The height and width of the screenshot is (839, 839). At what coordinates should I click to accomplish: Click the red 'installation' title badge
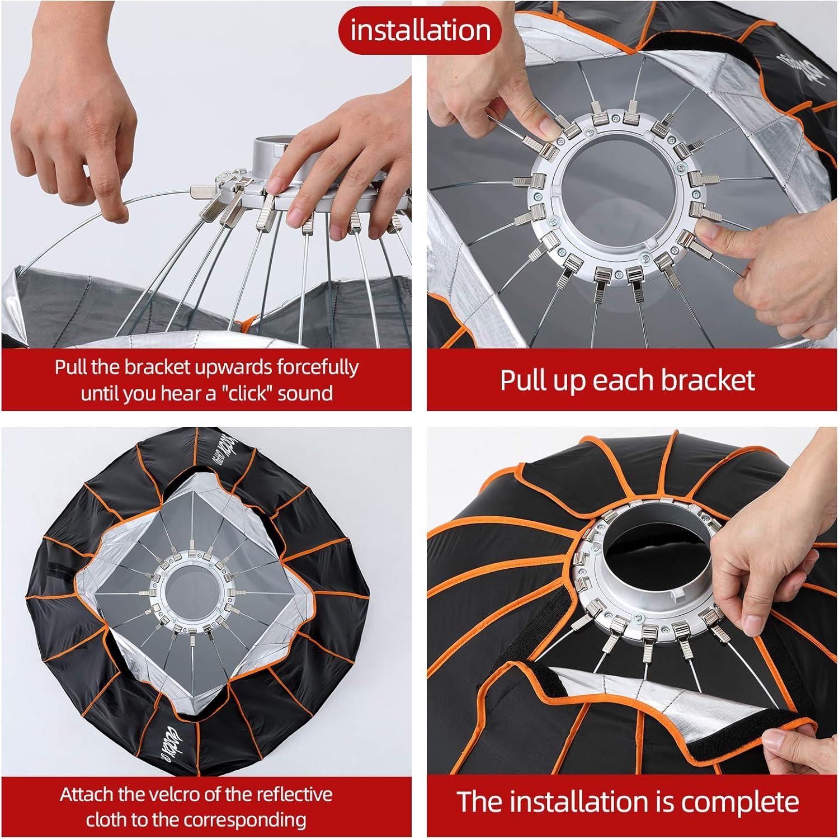coord(419,30)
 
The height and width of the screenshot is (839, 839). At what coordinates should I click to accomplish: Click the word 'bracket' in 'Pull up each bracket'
coord(708,380)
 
